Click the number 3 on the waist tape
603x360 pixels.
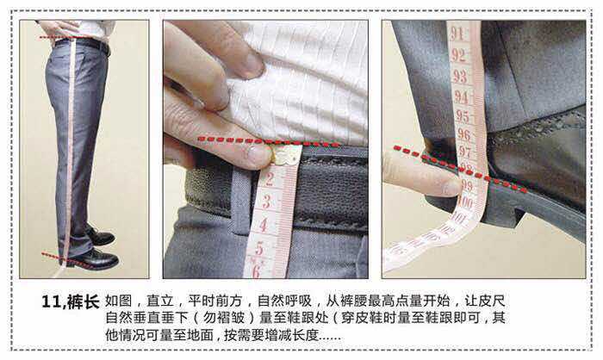point(266,202)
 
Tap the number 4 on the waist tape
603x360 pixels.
point(264,225)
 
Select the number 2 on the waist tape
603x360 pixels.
point(270,179)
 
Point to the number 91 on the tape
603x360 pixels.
point(457,34)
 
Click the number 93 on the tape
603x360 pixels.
point(460,76)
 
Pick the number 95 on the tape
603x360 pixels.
point(463,116)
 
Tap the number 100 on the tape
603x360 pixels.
point(466,202)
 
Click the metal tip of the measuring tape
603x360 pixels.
point(285,156)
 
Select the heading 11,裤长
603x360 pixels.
point(71,302)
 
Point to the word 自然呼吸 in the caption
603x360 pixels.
point(283,301)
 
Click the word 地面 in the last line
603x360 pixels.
point(200,335)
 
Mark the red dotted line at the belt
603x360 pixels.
point(269,141)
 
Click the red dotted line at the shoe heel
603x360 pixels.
point(460,169)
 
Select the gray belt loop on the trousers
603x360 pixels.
point(241,201)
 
